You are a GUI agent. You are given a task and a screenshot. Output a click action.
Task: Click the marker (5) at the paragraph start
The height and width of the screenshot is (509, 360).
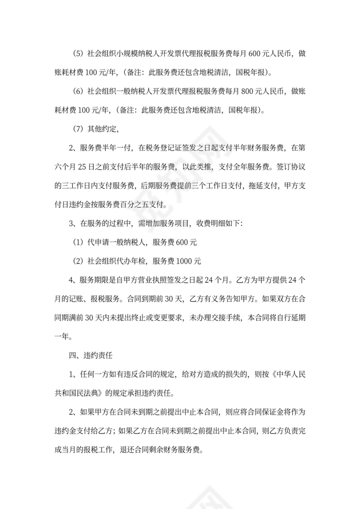pos(78,54)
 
